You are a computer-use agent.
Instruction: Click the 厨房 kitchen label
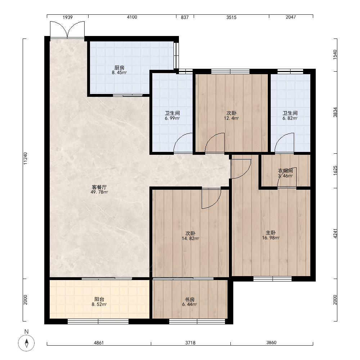tap(120, 68)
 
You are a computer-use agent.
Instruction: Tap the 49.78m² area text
tap(99, 192)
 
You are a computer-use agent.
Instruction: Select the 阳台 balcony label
tap(99, 299)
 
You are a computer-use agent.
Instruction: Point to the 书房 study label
tap(190, 300)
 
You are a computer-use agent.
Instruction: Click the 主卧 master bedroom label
tap(271, 233)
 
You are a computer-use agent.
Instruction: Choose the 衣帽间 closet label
tap(285, 171)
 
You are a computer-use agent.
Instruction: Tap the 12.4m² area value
tap(231, 118)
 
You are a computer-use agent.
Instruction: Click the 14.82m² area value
tap(190, 239)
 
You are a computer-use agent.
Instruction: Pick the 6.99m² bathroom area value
tap(172, 118)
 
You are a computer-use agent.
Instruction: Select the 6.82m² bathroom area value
tap(290, 118)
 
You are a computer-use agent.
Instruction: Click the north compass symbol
tap(26, 343)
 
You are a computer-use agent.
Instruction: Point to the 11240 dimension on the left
tap(25, 158)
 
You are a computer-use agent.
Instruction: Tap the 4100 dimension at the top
tap(132, 17)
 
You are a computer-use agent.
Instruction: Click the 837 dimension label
tap(185, 17)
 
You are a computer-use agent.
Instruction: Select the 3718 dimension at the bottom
tap(190, 343)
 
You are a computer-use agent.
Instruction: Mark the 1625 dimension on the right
tap(335, 171)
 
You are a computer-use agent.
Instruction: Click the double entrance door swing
tap(67, 30)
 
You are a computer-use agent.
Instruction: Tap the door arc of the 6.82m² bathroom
tap(284, 142)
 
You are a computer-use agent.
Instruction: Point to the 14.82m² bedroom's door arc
tap(211, 199)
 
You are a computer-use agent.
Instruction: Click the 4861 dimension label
tap(99, 343)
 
